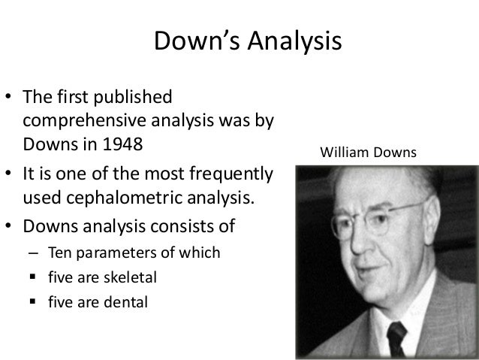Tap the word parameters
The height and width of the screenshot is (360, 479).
click(x=107, y=253)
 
